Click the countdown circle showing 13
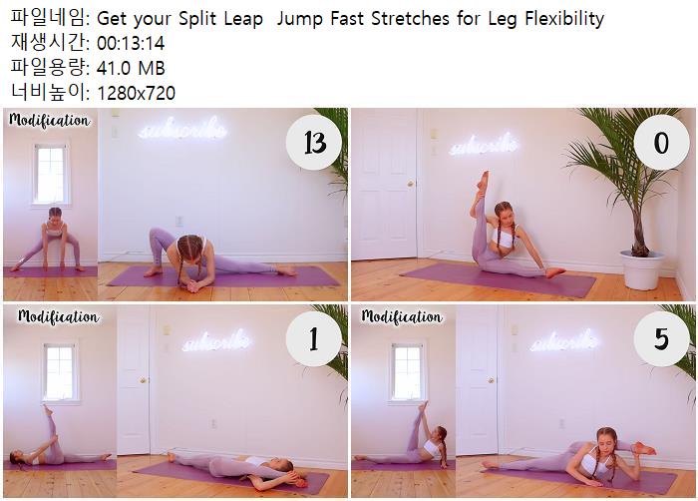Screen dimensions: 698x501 (x=314, y=143)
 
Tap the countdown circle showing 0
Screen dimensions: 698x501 (x=661, y=143)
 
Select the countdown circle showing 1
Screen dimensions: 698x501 (x=314, y=338)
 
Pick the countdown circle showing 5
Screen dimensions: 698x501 (x=661, y=338)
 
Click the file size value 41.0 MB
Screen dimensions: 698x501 (x=131, y=68)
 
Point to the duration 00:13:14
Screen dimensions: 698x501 (x=131, y=43)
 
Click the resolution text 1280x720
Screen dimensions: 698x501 (x=136, y=93)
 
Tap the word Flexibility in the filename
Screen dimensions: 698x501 (x=564, y=19)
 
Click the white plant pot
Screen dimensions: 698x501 (x=641, y=270)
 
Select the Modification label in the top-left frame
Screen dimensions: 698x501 (x=49, y=120)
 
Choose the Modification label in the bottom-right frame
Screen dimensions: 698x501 (x=402, y=316)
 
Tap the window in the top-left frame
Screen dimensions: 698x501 (x=51, y=175)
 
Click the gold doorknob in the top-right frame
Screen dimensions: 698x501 (x=410, y=184)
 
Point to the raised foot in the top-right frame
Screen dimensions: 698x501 (x=483, y=181)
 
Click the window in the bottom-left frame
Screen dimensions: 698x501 (x=61, y=372)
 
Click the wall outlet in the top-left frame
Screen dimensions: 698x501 (x=178, y=222)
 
